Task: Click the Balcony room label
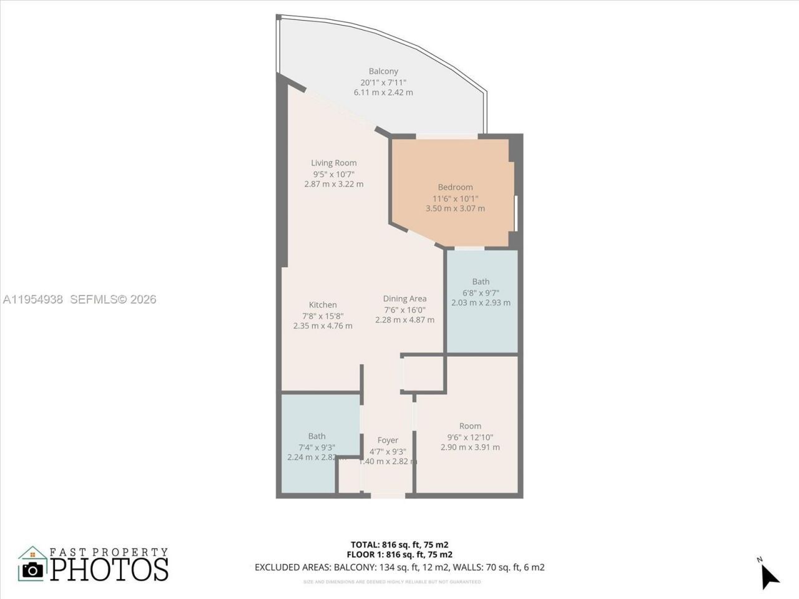click(383, 71)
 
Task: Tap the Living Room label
click(334, 163)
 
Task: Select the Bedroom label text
click(455, 187)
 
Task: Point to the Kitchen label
click(323, 304)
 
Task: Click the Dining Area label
click(404, 299)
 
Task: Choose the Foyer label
click(388, 440)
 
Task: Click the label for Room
click(470, 426)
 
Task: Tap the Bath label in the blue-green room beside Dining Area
click(481, 281)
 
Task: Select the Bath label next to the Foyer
click(316, 436)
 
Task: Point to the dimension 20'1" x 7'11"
click(383, 82)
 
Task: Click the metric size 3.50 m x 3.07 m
click(455, 208)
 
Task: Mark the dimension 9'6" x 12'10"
click(470, 437)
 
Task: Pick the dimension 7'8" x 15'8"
click(323, 316)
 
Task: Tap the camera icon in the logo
click(33, 569)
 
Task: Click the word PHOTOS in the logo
click(109, 569)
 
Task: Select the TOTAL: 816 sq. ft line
click(399, 544)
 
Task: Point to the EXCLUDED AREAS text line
click(399, 567)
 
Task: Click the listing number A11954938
click(33, 299)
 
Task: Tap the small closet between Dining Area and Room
click(423, 374)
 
